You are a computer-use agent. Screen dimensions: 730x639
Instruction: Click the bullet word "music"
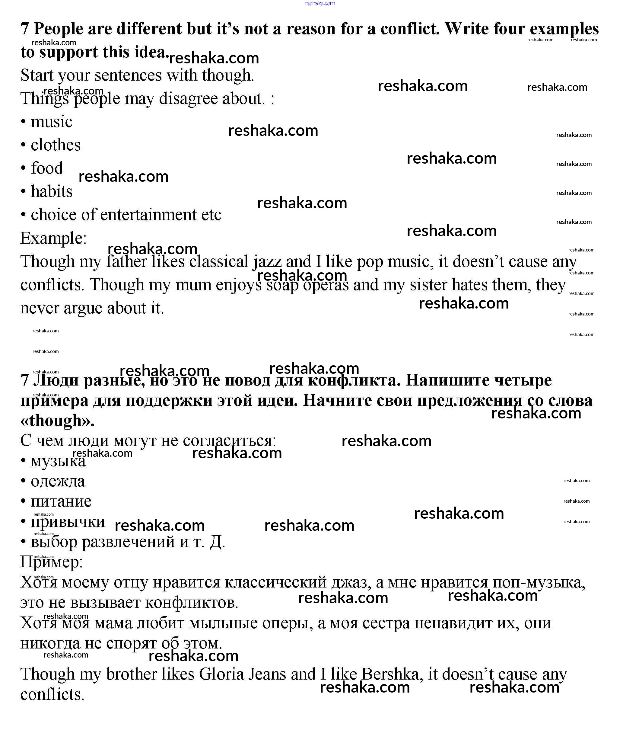(51, 122)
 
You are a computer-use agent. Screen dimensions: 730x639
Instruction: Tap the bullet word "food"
(47, 168)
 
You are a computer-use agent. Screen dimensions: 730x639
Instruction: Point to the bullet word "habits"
(51, 192)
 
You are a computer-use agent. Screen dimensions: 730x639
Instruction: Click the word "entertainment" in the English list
(148, 215)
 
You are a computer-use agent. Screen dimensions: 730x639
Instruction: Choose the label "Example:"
(53, 238)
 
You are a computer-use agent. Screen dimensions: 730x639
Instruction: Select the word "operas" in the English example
(326, 285)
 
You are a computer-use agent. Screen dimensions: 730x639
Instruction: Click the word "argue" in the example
(83, 308)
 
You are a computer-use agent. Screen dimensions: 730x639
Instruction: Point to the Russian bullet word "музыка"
(58, 461)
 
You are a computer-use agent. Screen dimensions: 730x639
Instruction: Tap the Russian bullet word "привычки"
(68, 522)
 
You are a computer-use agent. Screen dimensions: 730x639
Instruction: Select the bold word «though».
(57, 421)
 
